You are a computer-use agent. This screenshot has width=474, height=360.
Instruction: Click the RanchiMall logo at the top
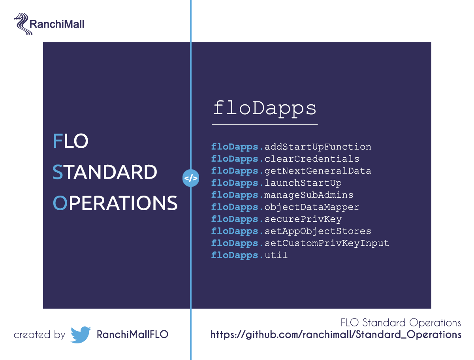point(49,24)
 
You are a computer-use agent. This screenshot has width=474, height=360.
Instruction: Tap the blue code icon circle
point(191,178)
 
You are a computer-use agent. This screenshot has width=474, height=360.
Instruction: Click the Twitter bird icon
point(81,335)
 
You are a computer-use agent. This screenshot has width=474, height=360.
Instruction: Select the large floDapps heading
point(265,109)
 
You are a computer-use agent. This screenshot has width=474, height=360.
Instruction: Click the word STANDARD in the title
point(105,172)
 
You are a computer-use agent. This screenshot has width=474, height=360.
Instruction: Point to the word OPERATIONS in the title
point(115,203)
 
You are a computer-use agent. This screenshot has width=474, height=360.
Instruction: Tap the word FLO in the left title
point(70,141)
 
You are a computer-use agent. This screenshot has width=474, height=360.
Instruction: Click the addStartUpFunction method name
point(318,147)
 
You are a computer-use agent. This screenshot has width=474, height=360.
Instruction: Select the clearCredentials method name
point(312,159)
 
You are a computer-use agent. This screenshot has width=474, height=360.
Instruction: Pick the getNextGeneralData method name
point(318,171)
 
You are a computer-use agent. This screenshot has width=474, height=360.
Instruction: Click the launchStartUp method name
point(303,183)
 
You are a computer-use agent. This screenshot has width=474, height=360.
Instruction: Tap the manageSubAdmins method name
point(309,195)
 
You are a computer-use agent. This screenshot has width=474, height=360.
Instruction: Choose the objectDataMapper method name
point(312,207)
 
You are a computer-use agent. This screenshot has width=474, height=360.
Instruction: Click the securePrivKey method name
point(303,219)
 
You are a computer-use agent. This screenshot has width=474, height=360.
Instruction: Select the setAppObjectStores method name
point(318,231)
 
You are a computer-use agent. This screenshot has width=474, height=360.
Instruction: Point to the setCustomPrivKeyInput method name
point(327,243)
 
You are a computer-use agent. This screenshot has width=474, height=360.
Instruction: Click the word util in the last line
point(276,255)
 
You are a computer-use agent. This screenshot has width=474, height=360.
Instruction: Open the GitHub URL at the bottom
point(336,335)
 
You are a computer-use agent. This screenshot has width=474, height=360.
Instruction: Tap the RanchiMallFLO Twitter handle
point(132,335)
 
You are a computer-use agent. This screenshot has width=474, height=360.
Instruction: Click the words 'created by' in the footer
point(39,335)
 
